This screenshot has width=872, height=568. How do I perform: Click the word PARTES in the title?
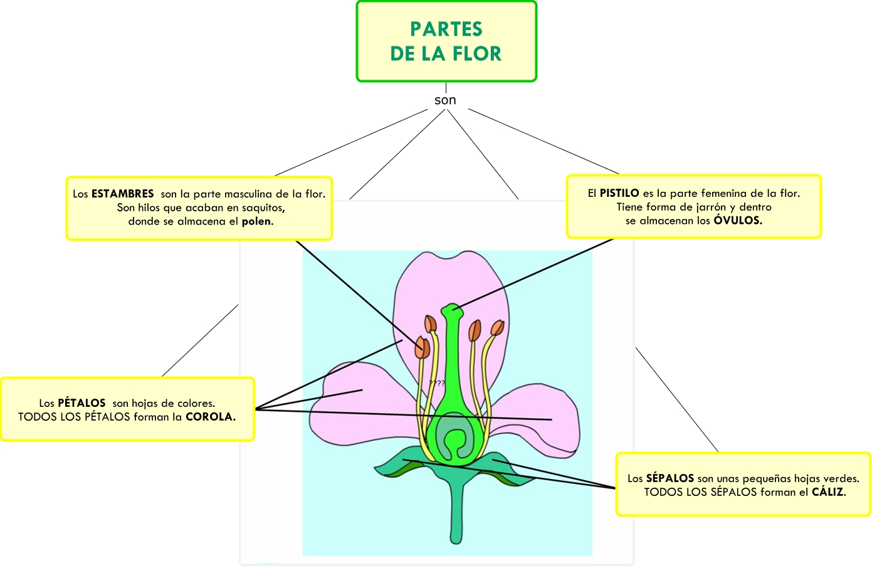click(x=446, y=29)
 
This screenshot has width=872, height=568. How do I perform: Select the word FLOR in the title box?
click(x=477, y=54)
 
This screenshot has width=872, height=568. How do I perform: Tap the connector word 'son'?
click(x=445, y=100)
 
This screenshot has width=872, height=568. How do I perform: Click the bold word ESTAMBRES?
click(x=122, y=194)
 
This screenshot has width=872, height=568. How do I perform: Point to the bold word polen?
click(x=257, y=221)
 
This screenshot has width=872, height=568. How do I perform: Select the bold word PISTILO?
click(x=619, y=193)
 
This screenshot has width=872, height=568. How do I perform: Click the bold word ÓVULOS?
click(x=737, y=221)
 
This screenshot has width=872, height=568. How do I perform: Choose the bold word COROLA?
click(x=210, y=417)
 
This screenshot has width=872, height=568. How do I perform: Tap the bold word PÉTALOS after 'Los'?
click(x=81, y=403)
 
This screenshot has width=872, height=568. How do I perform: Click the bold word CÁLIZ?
click(x=828, y=492)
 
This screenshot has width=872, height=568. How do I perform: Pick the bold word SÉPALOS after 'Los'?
click(x=670, y=478)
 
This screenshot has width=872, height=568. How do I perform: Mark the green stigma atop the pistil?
click(x=452, y=309)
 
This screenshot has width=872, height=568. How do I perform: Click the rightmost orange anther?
click(x=497, y=329)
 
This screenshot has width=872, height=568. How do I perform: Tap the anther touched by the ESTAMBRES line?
click(x=422, y=348)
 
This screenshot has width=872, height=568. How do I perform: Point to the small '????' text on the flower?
click(x=437, y=383)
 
